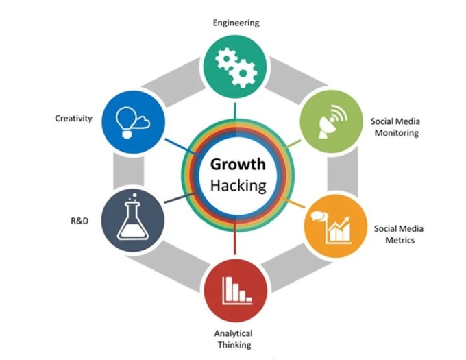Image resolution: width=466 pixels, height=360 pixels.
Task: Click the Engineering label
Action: [236, 23]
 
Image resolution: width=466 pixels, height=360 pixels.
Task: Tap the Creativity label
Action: [74, 119]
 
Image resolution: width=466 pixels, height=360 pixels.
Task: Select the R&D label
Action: [79, 221]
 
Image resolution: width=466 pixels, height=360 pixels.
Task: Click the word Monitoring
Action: [397, 133]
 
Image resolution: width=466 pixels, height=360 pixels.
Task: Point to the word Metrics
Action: [400, 240]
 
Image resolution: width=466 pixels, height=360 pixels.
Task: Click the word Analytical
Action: [233, 333]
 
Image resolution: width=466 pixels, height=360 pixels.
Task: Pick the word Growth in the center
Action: [238, 165]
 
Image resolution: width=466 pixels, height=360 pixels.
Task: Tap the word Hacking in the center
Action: [238, 186]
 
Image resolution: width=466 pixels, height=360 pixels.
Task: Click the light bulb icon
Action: [126, 122]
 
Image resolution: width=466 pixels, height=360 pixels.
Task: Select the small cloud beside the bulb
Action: [143, 122]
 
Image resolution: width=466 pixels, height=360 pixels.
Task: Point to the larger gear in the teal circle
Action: [243, 73]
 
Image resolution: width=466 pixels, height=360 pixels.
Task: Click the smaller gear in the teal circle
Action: [226, 58]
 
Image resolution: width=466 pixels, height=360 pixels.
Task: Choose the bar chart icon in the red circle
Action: [237, 291]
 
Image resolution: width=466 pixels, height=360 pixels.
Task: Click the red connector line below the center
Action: [235, 238]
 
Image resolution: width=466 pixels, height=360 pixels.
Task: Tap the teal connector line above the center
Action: [235, 111]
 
